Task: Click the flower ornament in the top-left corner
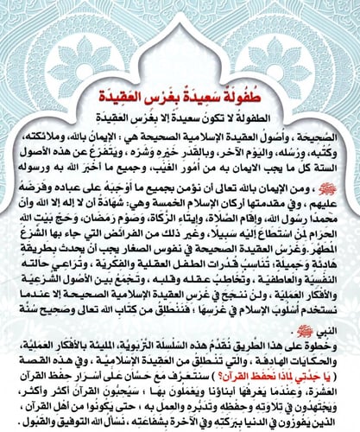[26, 24]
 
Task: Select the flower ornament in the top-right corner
[335, 24]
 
